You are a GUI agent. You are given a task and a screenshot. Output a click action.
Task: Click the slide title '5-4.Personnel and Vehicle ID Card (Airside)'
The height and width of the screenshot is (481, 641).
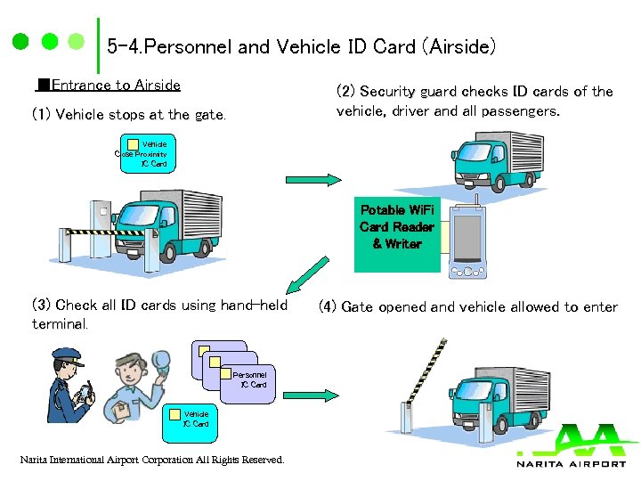301,46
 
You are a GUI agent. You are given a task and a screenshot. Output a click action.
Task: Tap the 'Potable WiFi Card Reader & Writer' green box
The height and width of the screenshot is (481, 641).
397,234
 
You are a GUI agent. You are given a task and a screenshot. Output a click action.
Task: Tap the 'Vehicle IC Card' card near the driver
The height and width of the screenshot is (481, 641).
195,419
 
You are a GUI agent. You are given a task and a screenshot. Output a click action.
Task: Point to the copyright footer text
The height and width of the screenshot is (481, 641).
152,461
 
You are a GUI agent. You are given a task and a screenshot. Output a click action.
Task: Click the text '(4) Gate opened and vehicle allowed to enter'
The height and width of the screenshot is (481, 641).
467,307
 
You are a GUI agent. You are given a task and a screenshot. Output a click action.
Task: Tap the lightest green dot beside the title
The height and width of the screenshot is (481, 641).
77,42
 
